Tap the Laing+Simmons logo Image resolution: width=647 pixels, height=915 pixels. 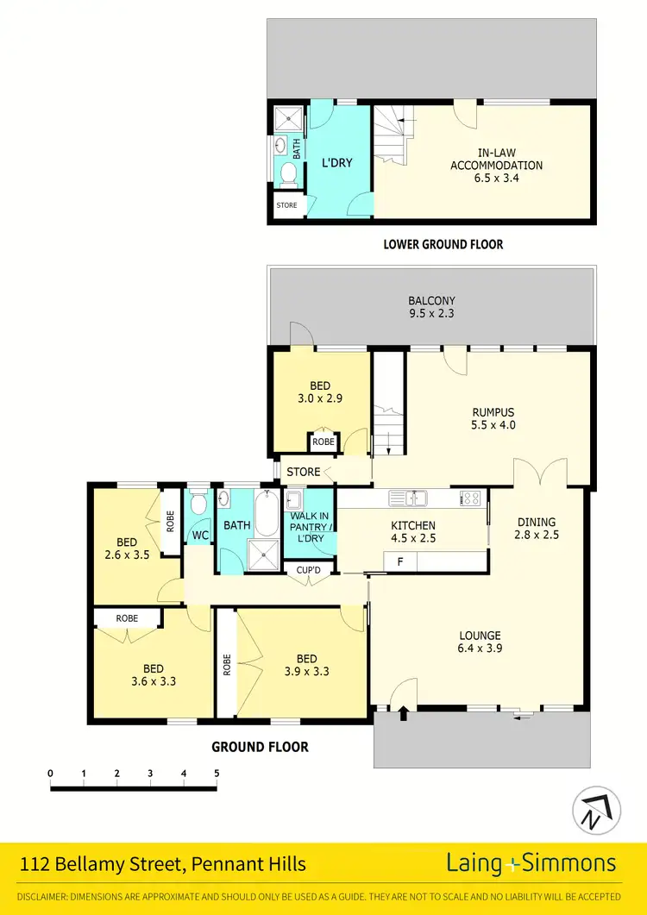click(x=531, y=863)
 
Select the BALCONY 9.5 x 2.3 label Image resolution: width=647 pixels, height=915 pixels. click(x=431, y=307)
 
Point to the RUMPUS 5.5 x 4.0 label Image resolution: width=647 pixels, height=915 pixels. click(x=493, y=418)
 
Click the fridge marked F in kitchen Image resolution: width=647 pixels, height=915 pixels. click(x=399, y=562)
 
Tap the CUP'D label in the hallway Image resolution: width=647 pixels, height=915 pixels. click(x=308, y=571)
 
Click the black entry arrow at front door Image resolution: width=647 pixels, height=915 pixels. click(x=404, y=713)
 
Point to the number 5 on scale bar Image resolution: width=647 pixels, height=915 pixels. click(x=216, y=773)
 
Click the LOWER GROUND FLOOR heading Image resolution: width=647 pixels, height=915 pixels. click(x=443, y=244)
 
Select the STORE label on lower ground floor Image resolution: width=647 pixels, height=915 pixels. click(x=286, y=205)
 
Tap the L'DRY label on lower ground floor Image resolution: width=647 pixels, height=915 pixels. click(x=337, y=162)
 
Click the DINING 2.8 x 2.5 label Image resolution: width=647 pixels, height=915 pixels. click(x=537, y=528)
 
